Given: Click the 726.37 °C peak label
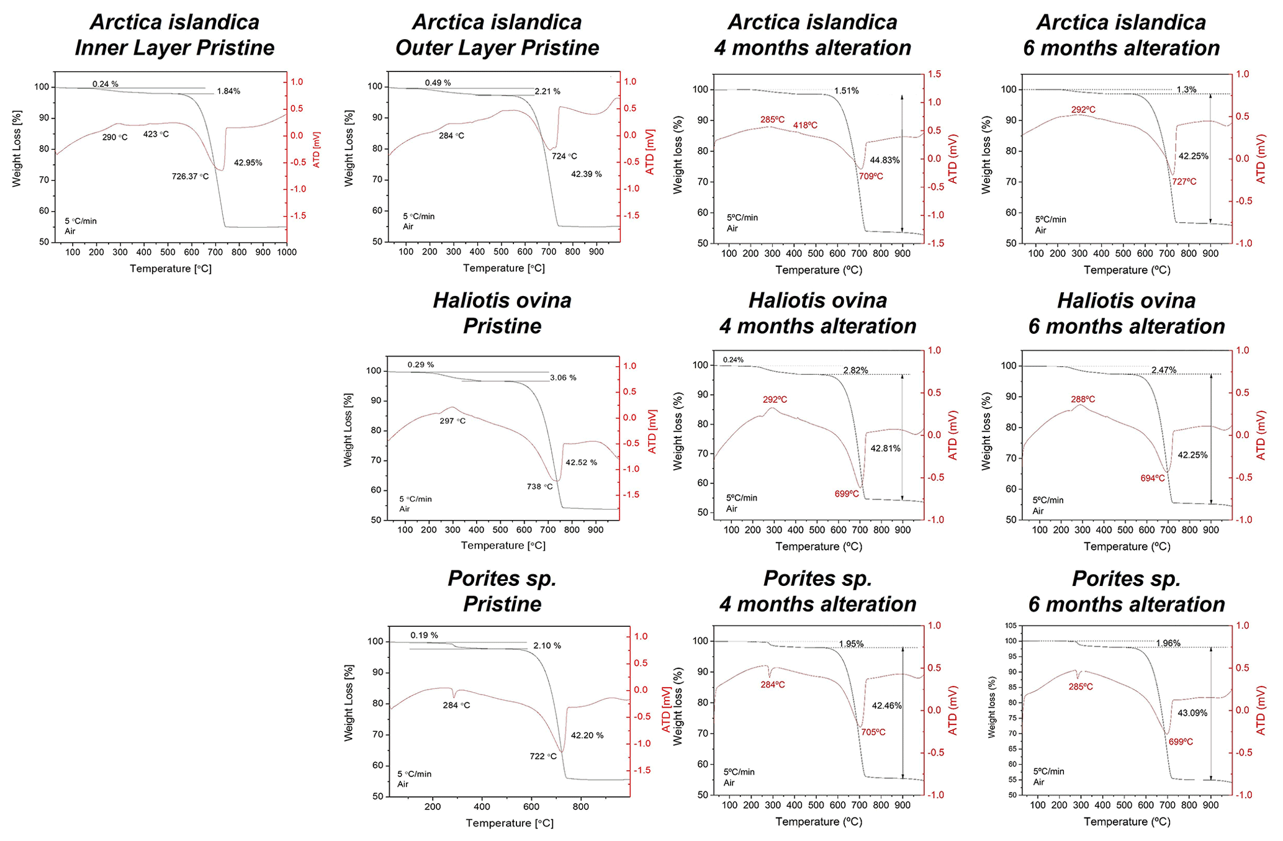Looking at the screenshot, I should (x=190, y=176).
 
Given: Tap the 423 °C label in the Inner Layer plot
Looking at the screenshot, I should (x=156, y=134).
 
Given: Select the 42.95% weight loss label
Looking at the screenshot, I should (x=248, y=163).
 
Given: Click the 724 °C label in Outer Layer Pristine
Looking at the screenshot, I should (x=564, y=156).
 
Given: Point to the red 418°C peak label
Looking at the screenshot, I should (x=805, y=126).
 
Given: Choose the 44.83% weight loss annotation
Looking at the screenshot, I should (x=885, y=160).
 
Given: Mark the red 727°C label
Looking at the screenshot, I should (x=1184, y=182).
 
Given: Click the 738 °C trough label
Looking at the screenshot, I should (x=539, y=487).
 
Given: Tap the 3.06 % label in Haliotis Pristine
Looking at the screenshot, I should (x=563, y=377).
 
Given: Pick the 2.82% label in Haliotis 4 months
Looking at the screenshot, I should (x=855, y=371).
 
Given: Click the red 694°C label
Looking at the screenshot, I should (x=1153, y=479).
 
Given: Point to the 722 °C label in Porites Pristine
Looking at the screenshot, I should (x=543, y=757).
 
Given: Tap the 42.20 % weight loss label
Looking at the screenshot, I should (x=587, y=735).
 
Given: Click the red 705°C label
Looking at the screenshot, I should (x=873, y=732).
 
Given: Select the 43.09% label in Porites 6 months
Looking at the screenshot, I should (x=1192, y=713).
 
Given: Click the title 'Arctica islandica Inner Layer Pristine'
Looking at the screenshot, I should (x=175, y=35).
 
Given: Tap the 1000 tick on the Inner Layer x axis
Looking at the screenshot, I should (x=286, y=252).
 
